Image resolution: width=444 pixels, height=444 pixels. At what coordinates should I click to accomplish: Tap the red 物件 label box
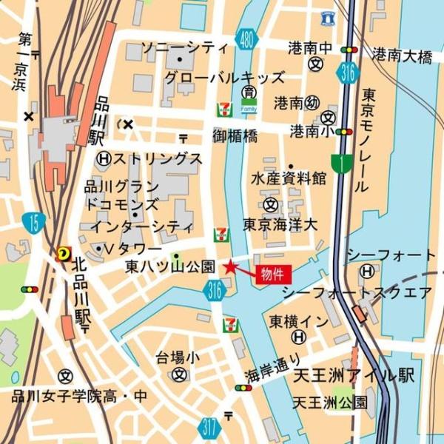[273, 275]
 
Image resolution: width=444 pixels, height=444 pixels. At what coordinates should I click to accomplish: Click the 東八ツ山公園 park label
[170, 266]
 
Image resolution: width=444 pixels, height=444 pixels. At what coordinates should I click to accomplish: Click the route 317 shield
[209, 426]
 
